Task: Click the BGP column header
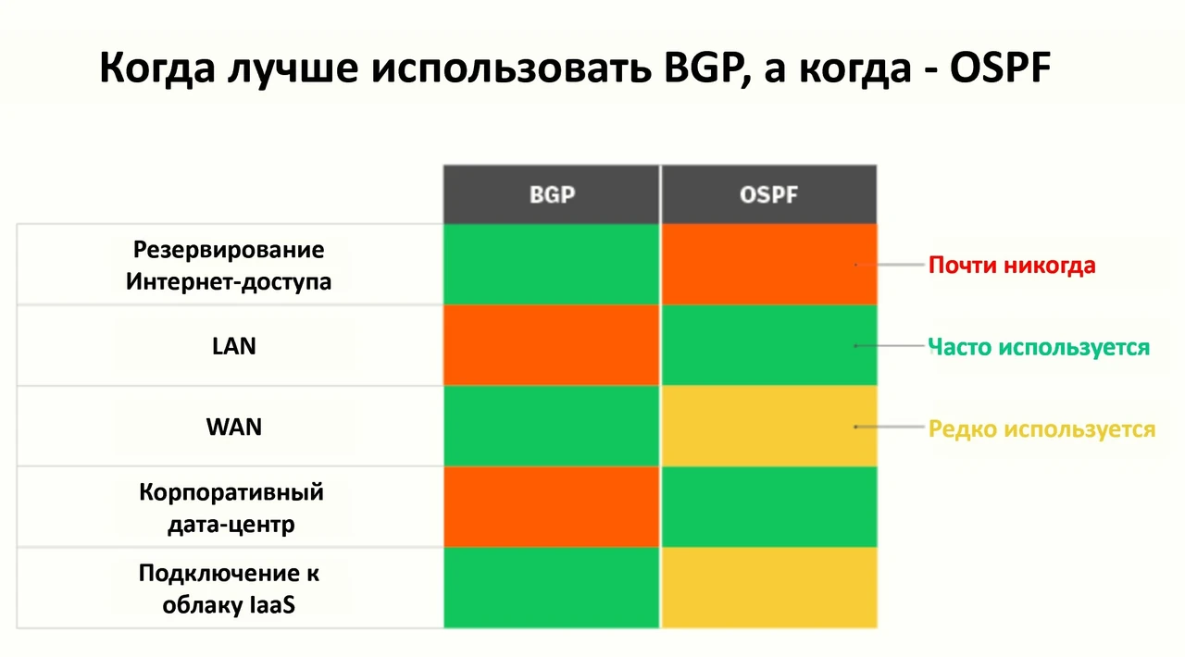point(552,194)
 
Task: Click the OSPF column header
point(768,194)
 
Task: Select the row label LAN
point(234,346)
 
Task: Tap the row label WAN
point(234,427)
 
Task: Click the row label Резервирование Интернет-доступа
point(229,266)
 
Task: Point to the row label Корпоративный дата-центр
point(231,508)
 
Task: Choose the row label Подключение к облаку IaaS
point(229,589)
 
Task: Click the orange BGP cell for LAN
point(552,345)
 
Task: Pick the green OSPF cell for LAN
point(769,345)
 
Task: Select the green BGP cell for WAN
point(552,426)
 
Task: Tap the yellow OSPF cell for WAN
point(769,426)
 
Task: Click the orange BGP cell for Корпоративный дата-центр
point(552,507)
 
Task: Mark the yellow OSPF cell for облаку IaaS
point(769,588)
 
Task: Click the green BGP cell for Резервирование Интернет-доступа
point(552,265)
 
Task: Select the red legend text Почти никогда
point(1012,266)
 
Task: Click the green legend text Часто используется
point(1039,348)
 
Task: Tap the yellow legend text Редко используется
point(1042,429)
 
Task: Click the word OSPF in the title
point(1000,68)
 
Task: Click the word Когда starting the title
point(157,68)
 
